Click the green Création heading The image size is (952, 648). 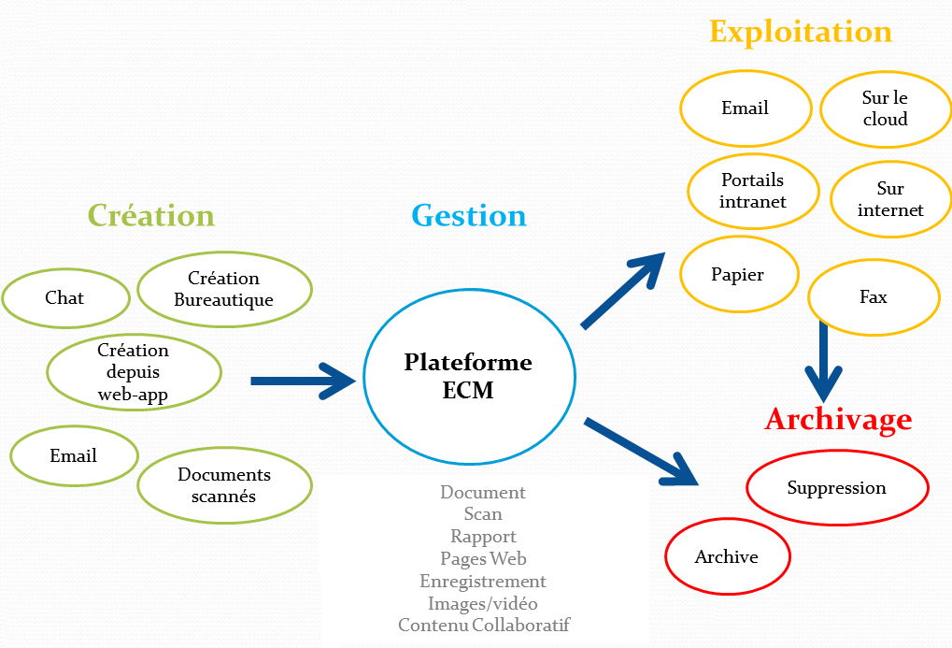(151, 216)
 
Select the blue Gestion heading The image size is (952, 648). (469, 216)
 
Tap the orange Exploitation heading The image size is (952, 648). (801, 32)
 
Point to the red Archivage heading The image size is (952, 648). (838, 419)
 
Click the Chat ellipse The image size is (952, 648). (64, 298)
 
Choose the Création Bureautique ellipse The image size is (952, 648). (224, 289)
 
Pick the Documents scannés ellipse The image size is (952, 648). (224, 485)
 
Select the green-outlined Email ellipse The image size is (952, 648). (74, 456)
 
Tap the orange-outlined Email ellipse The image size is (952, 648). (745, 108)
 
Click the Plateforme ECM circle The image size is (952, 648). (469, 376)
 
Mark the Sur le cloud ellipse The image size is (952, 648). (885, 108)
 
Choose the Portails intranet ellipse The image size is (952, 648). (753, 191)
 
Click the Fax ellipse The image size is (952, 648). (874, 298)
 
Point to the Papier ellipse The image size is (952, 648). (738, 275)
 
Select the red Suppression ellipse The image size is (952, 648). (837, 488)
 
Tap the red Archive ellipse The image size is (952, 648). (727, 557)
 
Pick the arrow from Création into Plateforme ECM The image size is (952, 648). (304, 381)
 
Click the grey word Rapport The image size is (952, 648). (483, 537)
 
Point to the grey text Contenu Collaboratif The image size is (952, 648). (483, 626)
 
